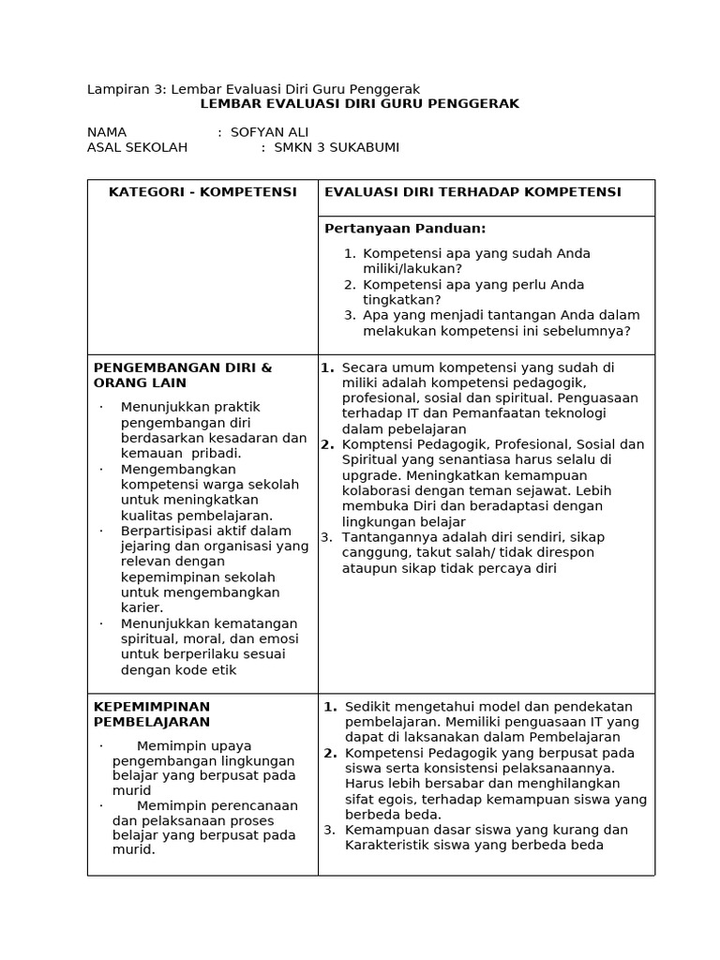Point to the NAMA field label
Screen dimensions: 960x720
point(107,132)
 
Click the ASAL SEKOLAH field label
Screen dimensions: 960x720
point(137,147)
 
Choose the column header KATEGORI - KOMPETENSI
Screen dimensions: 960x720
point(202,192)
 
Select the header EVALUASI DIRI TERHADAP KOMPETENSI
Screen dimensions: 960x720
point(472,192)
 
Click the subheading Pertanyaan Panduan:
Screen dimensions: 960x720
point(405,229)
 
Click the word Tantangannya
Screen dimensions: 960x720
point(386,537)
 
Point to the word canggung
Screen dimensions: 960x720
point(373,552)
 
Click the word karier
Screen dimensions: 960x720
point(142,607)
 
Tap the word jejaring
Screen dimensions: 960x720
point(148,546)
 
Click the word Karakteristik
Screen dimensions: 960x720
point(389,845)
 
